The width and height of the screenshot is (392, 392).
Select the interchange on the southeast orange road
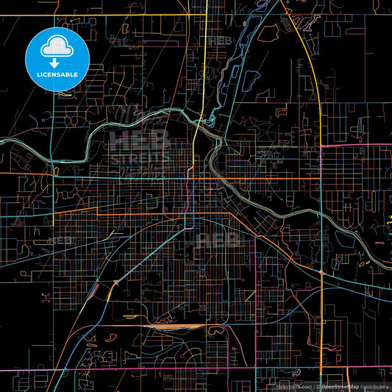pos(321,272)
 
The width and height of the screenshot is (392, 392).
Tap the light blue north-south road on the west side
pos(53,147)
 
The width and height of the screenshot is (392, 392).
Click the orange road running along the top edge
pos(110,14)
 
